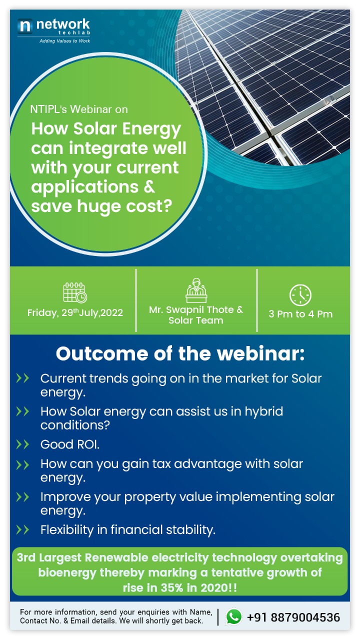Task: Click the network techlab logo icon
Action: click(25, 26)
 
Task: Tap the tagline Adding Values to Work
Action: click(64, 41)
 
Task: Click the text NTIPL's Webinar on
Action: click(79, 109)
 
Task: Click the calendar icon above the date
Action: click(75, 292)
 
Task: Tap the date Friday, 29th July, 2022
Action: click(75, 312)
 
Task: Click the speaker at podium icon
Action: click(196, 290)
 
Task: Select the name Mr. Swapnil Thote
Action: click(191, 309)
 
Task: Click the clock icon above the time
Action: click(300, 295)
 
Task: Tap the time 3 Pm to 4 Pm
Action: click(300, 314)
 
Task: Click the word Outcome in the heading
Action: click(102, 353)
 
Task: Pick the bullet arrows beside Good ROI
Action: click(22, 444)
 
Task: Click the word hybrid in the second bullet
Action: click(264, 411)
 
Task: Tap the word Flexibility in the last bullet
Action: click(67, 529)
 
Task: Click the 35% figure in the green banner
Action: click(171, 587)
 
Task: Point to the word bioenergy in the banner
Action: click(67, 572)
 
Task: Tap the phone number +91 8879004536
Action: click(293, 617)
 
